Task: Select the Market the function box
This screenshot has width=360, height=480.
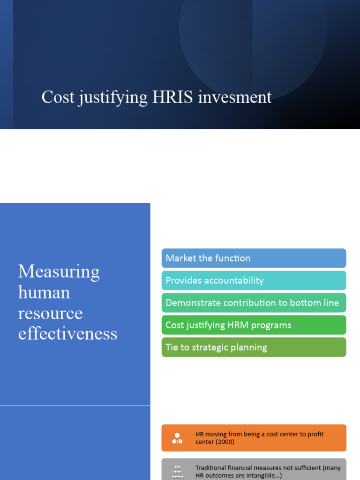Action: coord(254,258)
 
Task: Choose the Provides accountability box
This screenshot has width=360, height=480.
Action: coord(254,280)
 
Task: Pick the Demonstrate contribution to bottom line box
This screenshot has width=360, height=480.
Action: coord(254,303)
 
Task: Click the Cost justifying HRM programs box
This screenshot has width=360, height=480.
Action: coord(254,325)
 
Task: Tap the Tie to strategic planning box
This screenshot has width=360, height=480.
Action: coord(254,347)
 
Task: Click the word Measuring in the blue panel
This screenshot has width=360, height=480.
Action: coord(59,272)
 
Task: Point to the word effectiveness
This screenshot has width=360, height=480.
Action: coord(67,334)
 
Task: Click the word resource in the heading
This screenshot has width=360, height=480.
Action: coord(50,313)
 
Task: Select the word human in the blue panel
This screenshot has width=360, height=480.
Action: coord(44,292)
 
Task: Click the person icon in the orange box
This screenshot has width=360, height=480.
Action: coord(177,438)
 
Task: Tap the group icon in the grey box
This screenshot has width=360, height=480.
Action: coord(177,472)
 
